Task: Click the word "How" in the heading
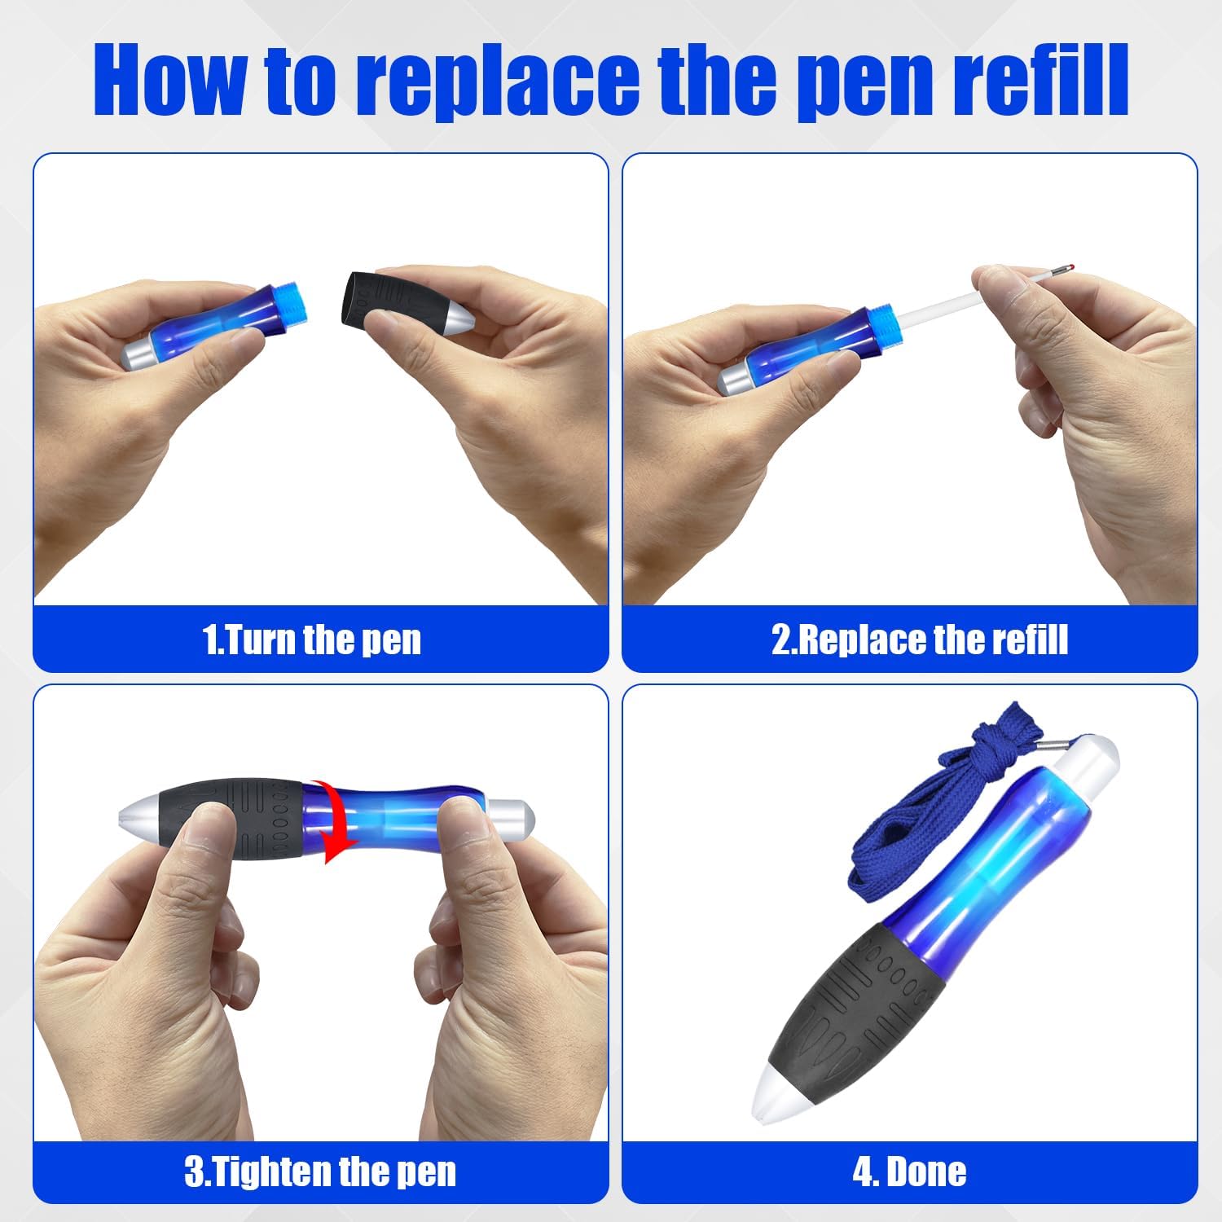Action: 171,80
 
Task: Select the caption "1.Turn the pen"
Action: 312,640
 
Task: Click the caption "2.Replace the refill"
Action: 919,640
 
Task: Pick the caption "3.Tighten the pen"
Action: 320,1172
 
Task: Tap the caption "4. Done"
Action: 909,1172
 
